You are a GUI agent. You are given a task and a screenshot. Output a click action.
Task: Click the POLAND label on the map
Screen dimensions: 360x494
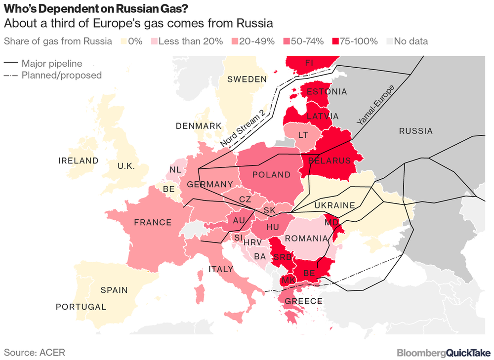pos(271,175)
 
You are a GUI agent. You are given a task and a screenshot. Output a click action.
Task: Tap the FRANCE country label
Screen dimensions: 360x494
pos(153,223)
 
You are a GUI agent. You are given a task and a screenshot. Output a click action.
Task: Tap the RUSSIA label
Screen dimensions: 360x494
pos(415,131)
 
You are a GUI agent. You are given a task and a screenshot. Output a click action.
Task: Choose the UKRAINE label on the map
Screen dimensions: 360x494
pos(335,205)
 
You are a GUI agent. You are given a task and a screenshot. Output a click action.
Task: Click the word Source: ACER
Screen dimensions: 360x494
pos(35,352)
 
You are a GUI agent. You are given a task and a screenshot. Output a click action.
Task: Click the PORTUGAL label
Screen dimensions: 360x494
pos(81,307)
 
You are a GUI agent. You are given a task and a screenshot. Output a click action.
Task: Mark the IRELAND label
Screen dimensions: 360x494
pos(79,160)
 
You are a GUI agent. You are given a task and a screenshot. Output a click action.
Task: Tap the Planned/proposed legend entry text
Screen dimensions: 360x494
pos(62,76)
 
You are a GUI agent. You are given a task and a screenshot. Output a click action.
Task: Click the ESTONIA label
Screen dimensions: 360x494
pos(327,92)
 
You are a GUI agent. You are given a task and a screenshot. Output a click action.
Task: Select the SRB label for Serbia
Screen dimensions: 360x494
pos(283,257)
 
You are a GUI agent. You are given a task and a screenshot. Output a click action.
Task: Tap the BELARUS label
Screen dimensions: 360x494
pos(329,160)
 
